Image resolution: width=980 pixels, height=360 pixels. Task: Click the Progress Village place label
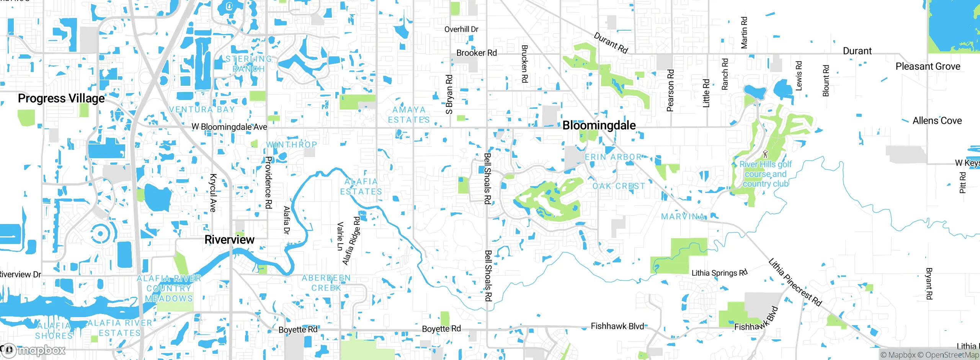[x=61, y=98]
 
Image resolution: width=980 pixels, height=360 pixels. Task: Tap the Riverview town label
[x=229, y=240]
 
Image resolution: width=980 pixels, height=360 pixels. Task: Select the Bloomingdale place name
[x=599, y=125]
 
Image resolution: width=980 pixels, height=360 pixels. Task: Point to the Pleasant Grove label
[x=928, y=66]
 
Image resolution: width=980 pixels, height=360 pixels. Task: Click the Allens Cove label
[x=937, y=121]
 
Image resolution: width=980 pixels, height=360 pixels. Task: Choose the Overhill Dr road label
[x=461, y=29]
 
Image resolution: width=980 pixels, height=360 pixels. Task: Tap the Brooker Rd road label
[x=477, y=53]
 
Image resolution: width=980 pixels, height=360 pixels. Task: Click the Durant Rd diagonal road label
[x=611, y=43]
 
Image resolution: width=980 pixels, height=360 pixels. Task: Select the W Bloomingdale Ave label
[x=229, y=127]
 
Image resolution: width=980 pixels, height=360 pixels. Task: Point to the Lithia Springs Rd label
[x=719, y=273]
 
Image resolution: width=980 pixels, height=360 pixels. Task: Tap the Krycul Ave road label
[x=213, y=193]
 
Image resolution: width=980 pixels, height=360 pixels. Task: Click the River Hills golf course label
[x=766, y=174]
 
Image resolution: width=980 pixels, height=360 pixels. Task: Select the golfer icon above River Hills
[x=765, y=154]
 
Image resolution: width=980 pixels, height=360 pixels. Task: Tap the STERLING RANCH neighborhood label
[x=249, y=64]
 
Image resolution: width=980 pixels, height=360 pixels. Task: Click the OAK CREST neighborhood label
[x=619, y=186]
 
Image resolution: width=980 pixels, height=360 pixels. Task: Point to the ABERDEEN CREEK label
[x=326, y=283]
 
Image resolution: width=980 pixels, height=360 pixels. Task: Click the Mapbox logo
[x=34, y=350]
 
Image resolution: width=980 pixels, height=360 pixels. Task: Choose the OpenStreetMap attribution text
[x=951, y=355]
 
